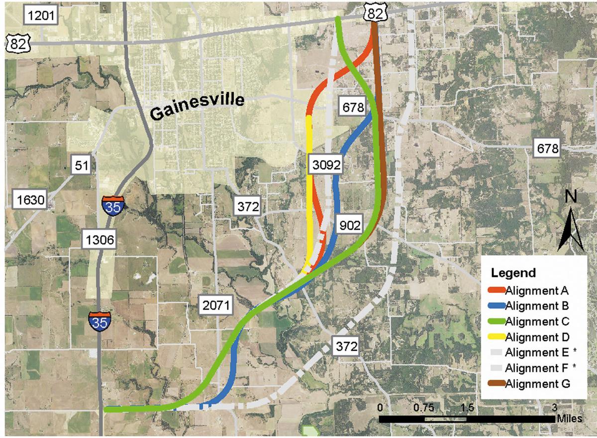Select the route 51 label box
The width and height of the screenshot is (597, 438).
click(x=82, y=165)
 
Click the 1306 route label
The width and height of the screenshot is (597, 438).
click(x=99, y=241)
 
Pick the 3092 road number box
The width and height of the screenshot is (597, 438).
click(x=324, y=165)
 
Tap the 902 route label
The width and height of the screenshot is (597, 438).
click(x=351, y=225)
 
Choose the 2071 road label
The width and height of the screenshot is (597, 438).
click(x=215, y=306)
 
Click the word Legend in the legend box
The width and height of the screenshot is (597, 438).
click(x=513, y=273)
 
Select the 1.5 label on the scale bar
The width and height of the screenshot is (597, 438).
click(x=467, y=406)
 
